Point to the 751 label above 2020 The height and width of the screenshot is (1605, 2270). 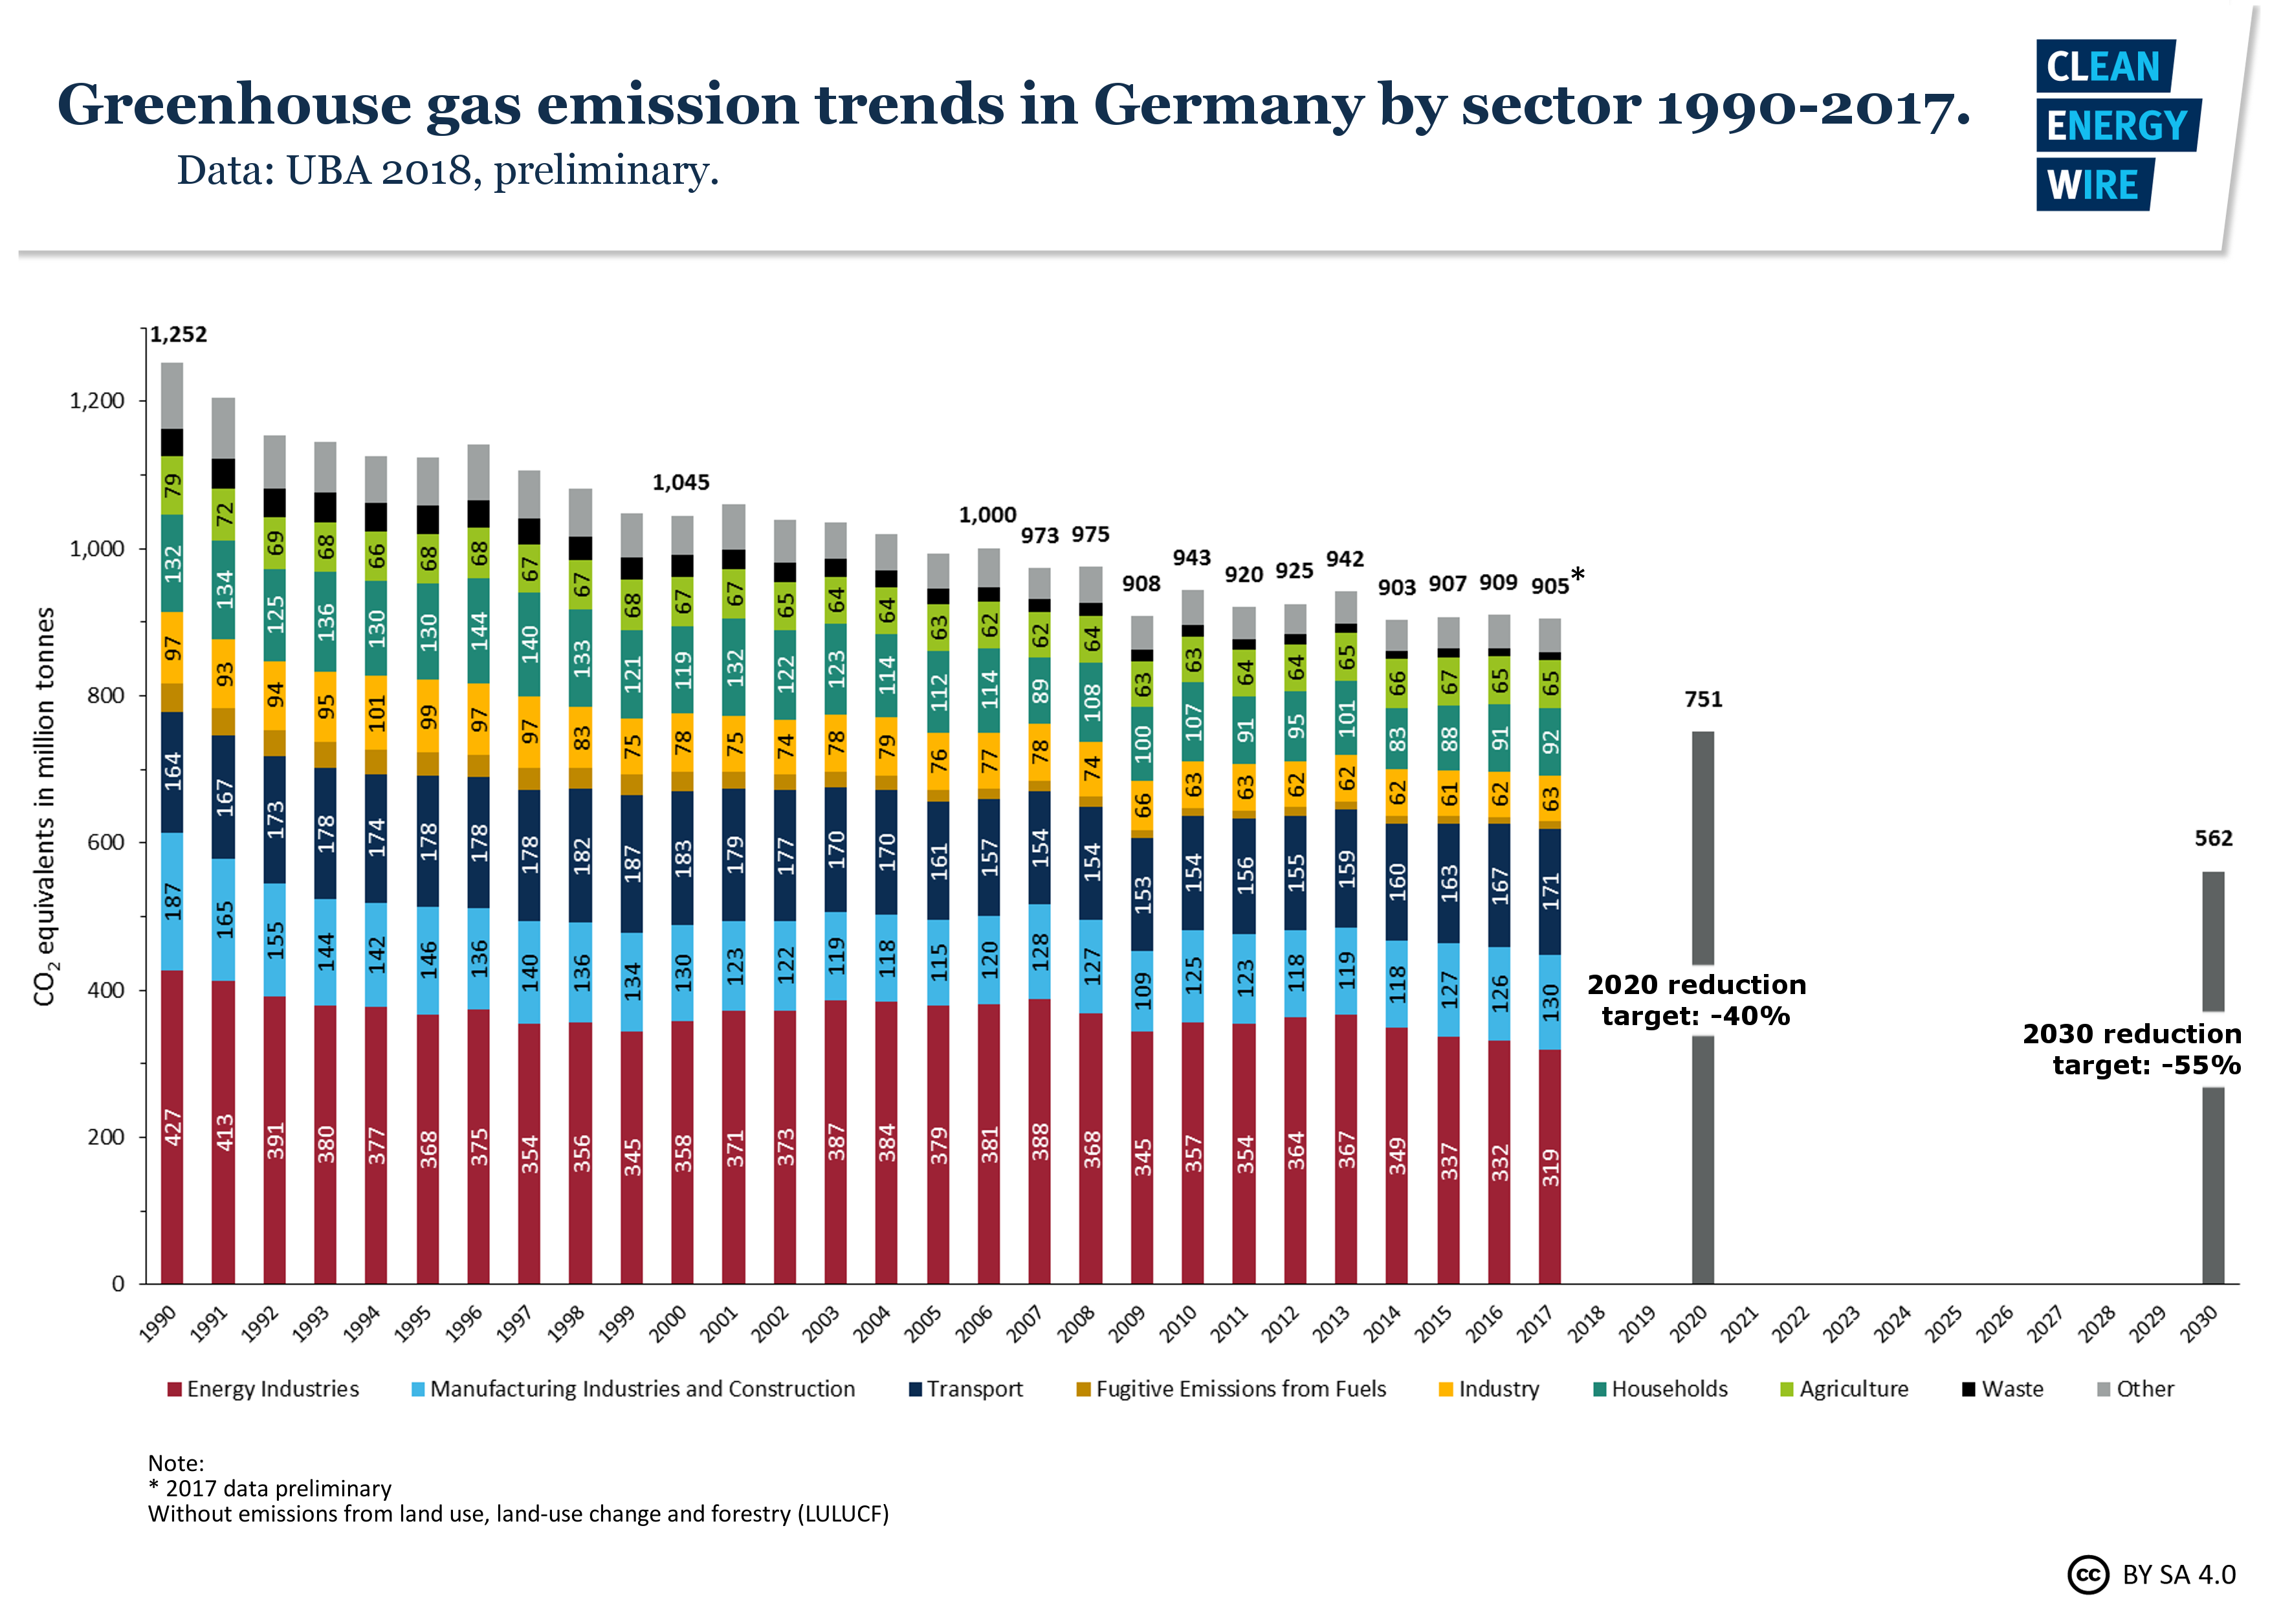click(1702, 699)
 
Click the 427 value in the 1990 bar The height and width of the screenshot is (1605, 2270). click(173, 1127)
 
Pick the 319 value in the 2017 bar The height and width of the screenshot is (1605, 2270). click(1550, 1167)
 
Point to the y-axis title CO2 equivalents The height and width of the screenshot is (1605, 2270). click(45, 806)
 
